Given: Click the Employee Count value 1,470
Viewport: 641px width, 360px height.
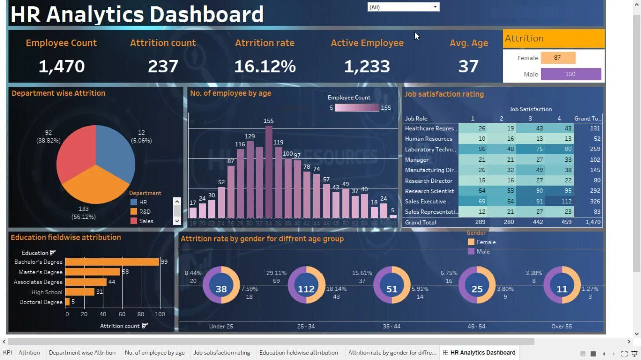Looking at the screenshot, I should point(62,66).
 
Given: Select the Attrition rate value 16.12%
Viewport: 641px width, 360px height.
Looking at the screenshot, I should point(265,66).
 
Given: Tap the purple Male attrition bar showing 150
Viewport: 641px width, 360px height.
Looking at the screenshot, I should point(571,74).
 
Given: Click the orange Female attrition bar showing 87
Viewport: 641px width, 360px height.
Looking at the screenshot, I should point(558,58).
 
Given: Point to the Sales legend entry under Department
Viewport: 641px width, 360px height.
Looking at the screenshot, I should point(146,221).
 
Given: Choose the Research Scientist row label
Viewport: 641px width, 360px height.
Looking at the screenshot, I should point(429,191).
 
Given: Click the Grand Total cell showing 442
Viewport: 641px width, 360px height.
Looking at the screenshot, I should point(530,222).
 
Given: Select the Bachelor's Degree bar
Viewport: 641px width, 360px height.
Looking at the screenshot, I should point(112,262).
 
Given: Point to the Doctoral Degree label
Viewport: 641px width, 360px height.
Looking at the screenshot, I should point(41,302).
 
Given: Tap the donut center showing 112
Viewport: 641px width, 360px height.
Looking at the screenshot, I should point(306,289).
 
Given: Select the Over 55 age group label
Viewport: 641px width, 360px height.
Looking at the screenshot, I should point(562,326).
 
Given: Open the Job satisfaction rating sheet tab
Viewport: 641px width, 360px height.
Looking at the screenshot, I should point(222,352).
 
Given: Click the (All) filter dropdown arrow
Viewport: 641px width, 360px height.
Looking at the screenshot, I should point(435,7).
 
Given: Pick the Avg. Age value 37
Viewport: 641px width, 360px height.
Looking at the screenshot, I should point(468,66).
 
